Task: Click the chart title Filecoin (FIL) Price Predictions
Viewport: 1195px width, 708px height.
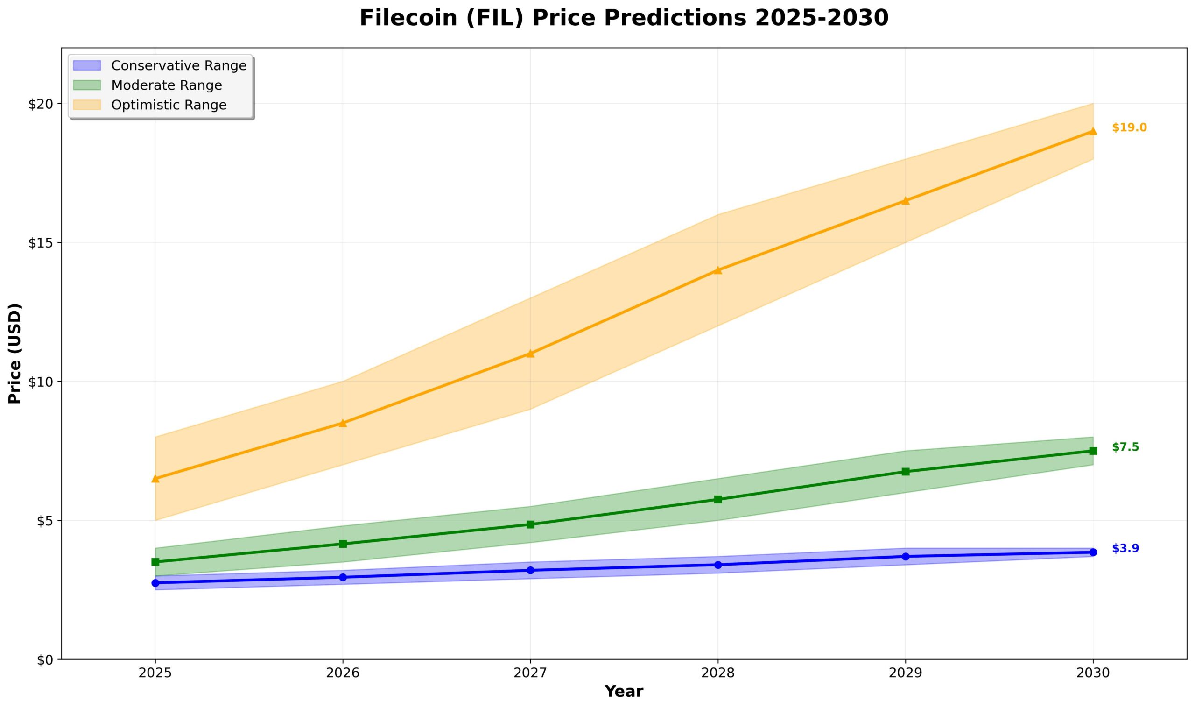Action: point(624,19)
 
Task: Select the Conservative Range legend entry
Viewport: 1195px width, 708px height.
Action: point(179,65)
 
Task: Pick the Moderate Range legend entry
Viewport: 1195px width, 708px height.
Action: point(167,85)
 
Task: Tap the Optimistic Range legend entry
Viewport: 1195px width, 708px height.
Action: point(169,105)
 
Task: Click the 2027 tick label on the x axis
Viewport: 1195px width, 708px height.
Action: point(530,673)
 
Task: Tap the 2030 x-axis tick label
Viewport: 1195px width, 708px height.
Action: point(1093,673)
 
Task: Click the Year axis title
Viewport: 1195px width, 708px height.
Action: point(624,691)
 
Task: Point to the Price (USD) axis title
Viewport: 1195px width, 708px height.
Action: point(15,354)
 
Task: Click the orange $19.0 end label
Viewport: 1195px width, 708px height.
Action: point(1129,128)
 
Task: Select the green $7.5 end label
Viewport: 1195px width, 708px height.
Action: point(1125,447)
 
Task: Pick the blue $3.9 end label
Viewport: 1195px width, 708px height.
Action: point(1125,549)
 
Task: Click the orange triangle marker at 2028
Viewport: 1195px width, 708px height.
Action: point(717,270)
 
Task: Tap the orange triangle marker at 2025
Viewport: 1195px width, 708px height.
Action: point(155,479)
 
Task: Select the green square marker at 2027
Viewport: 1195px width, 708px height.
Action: point(530,525)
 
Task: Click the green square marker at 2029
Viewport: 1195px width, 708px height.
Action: point(906,472)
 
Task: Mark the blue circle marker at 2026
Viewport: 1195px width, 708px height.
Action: point(342,577)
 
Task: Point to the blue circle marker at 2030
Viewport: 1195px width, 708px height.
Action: point(1093,552)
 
